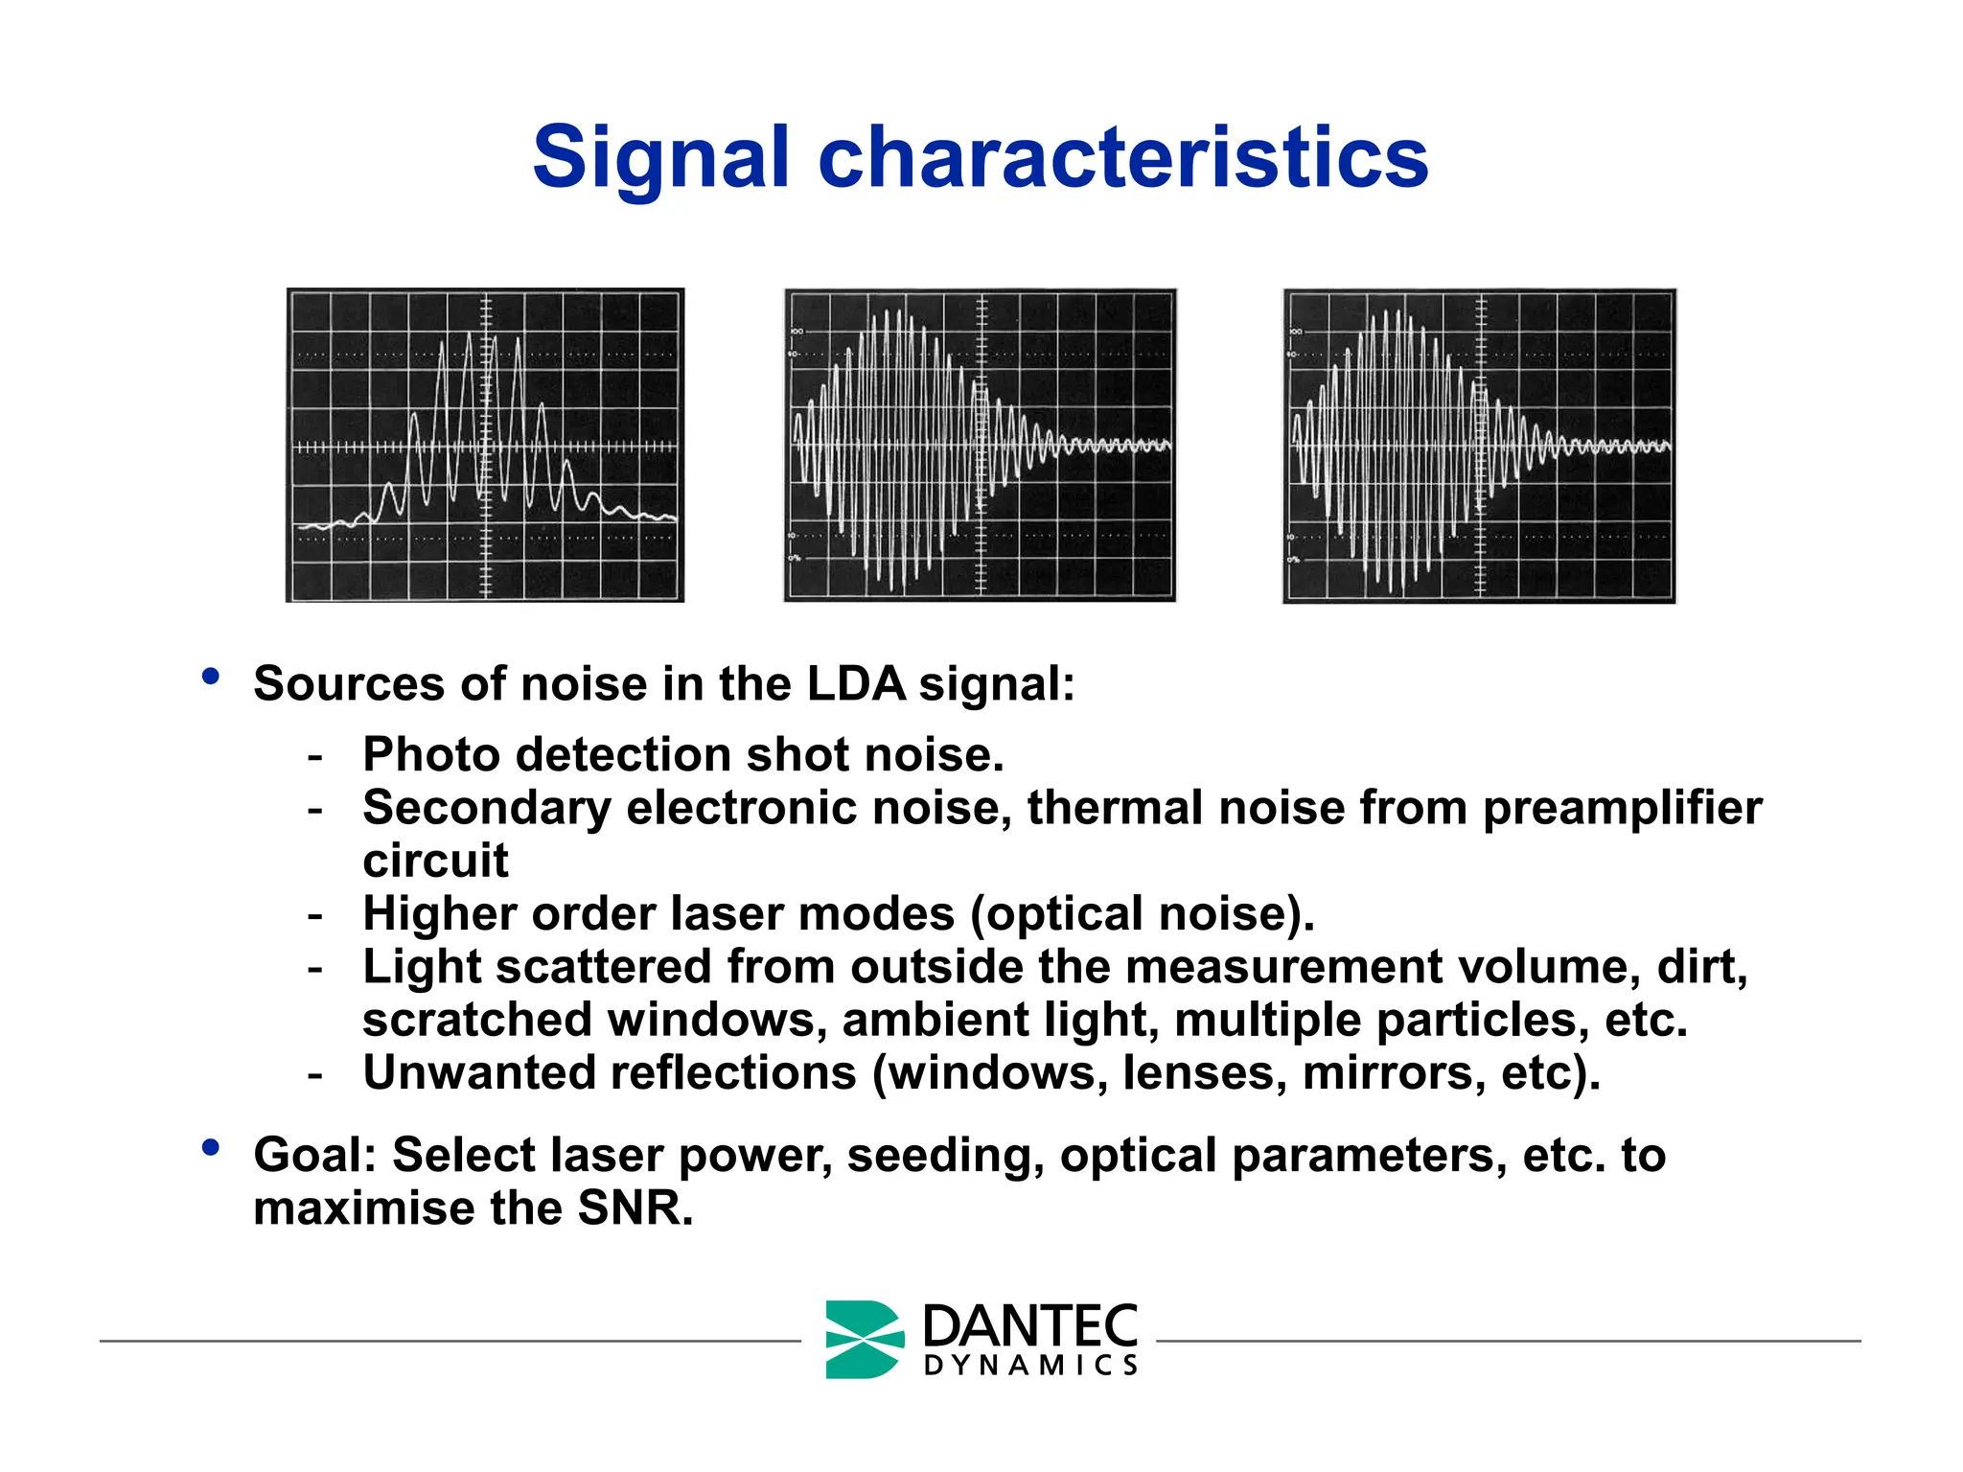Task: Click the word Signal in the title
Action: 660,158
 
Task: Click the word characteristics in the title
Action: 1122,158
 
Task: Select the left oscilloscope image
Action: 485,446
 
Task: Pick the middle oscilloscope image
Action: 980,446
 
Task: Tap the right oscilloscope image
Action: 1479,446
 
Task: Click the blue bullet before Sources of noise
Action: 211,677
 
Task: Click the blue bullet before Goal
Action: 211,1147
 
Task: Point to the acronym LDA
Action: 856,684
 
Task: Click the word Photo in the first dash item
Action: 431,755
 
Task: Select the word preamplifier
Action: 1622,808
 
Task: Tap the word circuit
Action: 435,860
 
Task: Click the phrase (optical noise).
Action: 1142,914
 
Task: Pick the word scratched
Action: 477,1020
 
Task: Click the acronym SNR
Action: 634,1207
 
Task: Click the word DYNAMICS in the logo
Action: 1030,1366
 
